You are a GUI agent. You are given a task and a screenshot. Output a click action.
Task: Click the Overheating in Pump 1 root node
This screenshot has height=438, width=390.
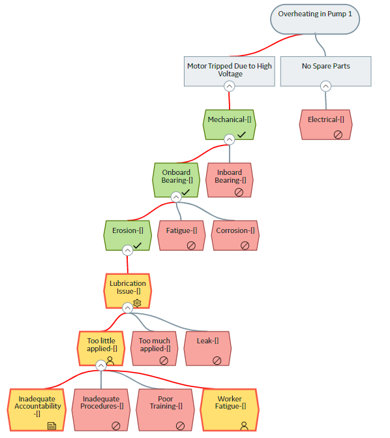click(x=315, y=19)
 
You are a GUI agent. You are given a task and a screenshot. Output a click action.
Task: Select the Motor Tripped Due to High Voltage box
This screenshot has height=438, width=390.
click(x=229, y=71)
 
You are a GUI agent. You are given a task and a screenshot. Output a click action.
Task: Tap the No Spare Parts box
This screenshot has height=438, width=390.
click(x=326, y=71)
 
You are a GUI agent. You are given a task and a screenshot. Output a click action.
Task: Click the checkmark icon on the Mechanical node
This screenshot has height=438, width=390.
click(x=241, y=134)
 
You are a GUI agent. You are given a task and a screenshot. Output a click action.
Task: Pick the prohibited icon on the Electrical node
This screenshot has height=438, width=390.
click(x=338, y=134)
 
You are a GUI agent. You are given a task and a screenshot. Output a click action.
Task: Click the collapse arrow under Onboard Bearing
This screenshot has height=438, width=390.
click(x=176, y=197)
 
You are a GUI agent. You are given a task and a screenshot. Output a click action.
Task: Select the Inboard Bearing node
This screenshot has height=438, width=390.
click(x=230, y=180)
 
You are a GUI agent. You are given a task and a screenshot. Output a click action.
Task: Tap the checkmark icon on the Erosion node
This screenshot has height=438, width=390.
click(x=138, y=245)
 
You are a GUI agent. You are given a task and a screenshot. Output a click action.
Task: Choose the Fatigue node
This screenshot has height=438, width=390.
click(x=181, y=235)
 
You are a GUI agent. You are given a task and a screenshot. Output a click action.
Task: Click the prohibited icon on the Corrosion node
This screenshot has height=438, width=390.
click(x=245, y=245)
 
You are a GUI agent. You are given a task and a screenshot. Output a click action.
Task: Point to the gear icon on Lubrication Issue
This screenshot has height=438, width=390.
click(x=137, y=303)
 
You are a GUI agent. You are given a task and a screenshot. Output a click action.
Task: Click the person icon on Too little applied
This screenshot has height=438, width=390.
click(x=110, y=360)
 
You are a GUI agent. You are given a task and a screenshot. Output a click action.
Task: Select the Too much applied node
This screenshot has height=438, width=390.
click(x=155, y=349)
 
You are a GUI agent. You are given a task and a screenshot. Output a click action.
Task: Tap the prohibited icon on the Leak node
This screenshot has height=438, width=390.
click(x=217, y=360)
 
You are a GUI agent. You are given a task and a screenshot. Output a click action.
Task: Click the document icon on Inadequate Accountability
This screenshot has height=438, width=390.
click(x=52, y=426)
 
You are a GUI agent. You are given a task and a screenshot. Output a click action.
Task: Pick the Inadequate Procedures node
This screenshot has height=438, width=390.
click(x=101, y=410)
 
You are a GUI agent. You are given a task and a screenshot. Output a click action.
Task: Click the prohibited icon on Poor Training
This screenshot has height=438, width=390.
click(x=181, y=426)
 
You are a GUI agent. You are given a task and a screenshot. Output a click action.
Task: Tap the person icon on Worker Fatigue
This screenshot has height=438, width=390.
click(x=245, y=426)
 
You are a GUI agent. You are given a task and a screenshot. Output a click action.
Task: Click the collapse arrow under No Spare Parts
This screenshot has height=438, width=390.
click(x=326, y=86)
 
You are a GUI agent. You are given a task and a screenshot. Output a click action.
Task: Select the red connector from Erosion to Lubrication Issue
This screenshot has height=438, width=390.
click(x=128, y=264)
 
